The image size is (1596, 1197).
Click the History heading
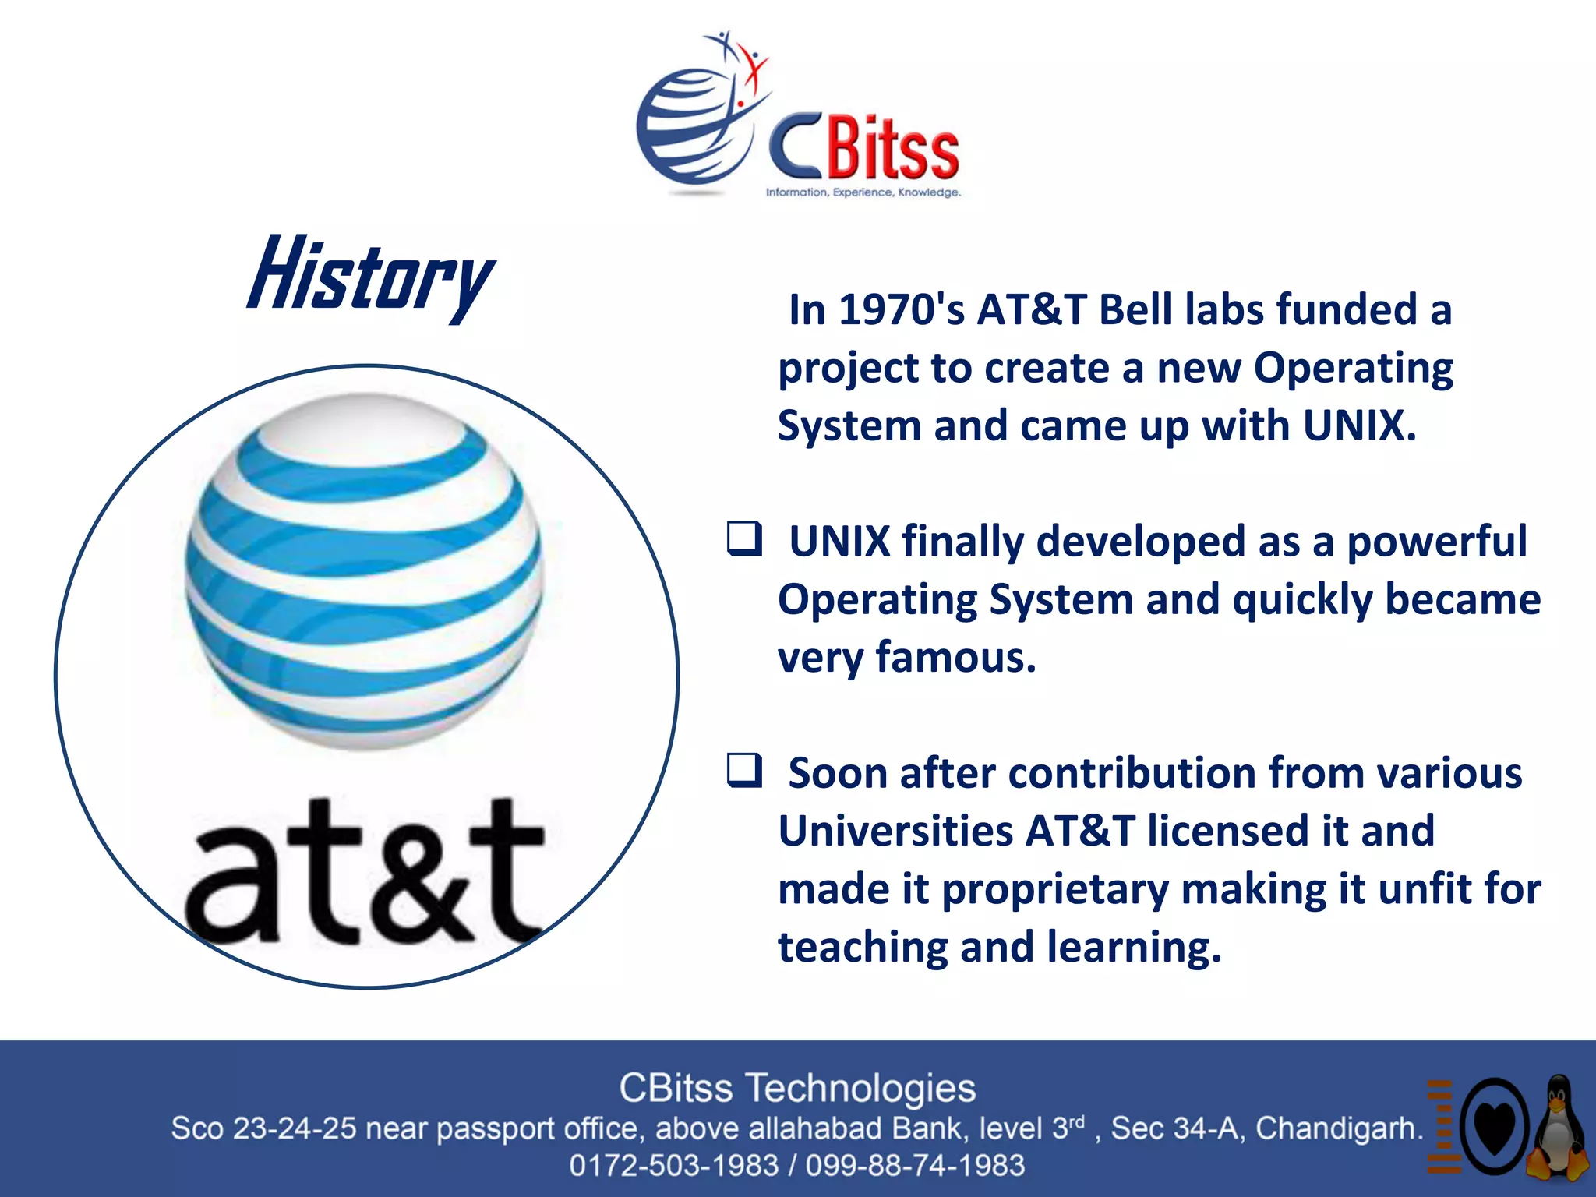(x=370, y=277)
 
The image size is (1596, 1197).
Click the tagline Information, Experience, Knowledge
(x=863, y=192)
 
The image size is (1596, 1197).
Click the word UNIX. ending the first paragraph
(x=1359, y=426)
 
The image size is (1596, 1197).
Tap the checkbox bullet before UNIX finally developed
(x=744, y=539)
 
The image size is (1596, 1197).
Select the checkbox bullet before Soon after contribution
(x=744, y=771)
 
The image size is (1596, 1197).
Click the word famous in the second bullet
(x=956, y=657)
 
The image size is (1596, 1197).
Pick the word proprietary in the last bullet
(x=1055, y=889)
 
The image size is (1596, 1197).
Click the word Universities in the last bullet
(x=895, y=831)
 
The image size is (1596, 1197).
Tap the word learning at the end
(x=1134, y=947)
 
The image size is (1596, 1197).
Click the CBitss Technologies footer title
(x=797, y=1088)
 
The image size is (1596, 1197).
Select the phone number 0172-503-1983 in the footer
(x=674, y=1166)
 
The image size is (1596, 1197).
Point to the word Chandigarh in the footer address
(x=1339, y=1128)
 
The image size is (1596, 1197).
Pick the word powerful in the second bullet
(x=1436, y=542)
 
